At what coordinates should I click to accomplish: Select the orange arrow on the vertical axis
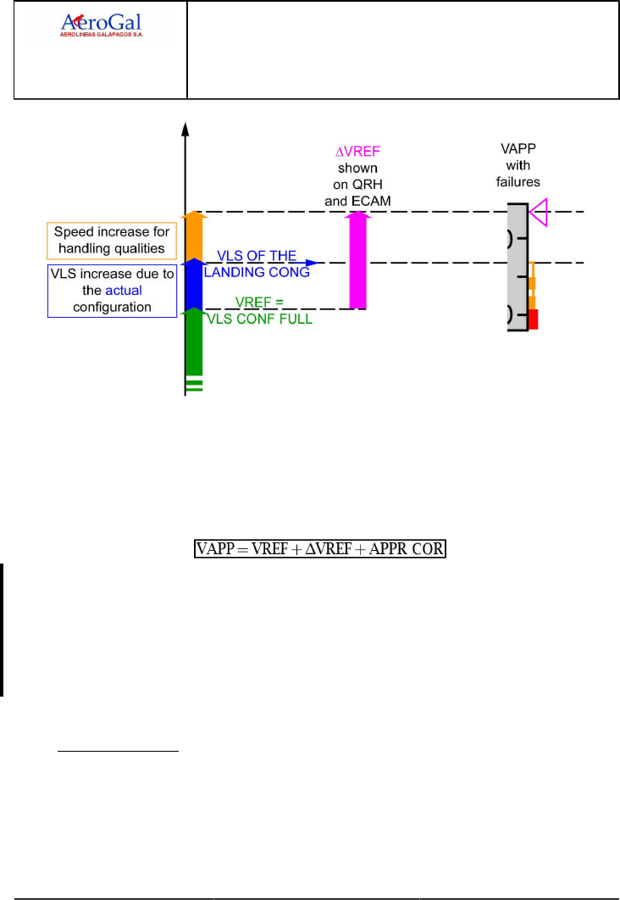194,235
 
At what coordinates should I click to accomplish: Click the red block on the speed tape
534,319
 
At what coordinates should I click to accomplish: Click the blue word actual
123,291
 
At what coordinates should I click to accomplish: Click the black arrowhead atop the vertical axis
185,129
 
